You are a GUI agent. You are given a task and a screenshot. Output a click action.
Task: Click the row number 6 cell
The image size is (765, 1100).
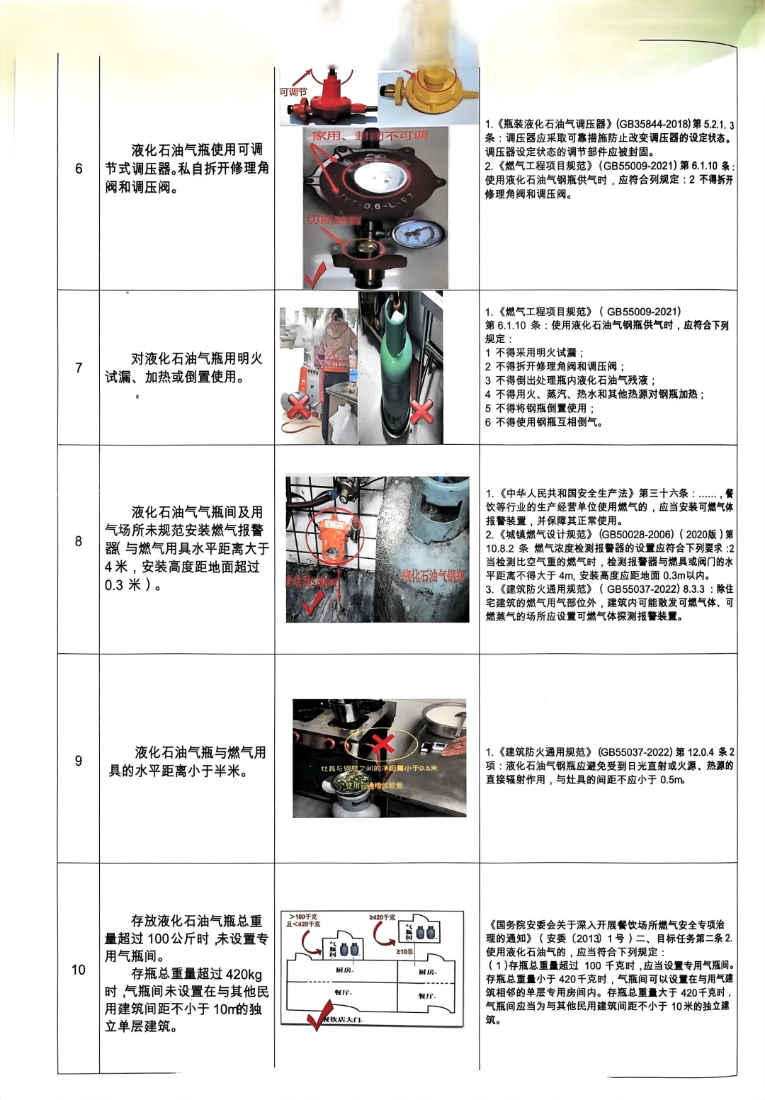[x=79, y=169]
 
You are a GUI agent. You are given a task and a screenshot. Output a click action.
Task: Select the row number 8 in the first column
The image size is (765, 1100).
[x=79, y=541]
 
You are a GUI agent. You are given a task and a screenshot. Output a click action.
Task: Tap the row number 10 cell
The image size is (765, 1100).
[x=79, y=970]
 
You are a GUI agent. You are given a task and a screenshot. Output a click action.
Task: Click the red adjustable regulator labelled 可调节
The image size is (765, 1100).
[x=327, y=97]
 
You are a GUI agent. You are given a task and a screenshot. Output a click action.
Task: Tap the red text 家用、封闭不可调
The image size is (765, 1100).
[x=370, y=135]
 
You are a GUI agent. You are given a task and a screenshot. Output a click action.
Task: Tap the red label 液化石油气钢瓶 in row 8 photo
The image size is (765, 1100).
[x=434, y=575]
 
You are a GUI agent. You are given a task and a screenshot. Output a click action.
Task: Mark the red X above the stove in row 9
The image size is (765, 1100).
[x=382, y=744]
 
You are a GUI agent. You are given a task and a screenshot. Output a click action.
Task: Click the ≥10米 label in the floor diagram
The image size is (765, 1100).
[x=404, y=951]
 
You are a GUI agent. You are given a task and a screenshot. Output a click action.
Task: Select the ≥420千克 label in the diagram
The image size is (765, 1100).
[x=382, y=917]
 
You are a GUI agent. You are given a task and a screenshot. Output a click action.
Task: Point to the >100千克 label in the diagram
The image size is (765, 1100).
[x=302, y=917]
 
